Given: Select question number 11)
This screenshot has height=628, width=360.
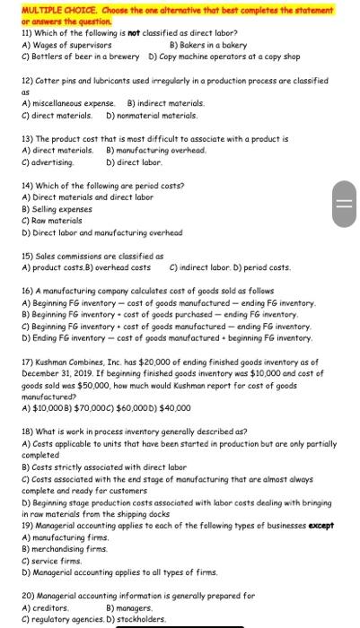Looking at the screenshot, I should pyautogui.click(x=28, y=31).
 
